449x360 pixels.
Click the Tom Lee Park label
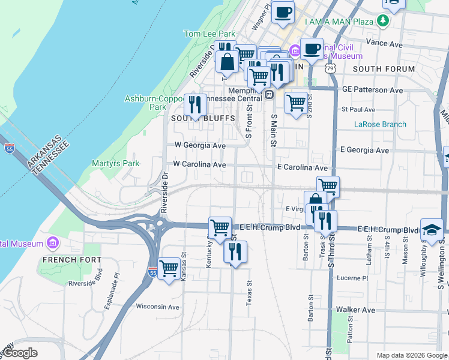pos(209,34)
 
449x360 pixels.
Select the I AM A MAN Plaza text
pos(339,22)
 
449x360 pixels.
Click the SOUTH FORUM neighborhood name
pos(384,69)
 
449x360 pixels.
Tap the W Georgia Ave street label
pos(200,145)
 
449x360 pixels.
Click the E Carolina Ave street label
pos(303,169)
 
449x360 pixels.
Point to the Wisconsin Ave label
pos(158,307)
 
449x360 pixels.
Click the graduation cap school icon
pos(432,230)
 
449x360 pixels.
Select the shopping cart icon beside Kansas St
pos(169,268)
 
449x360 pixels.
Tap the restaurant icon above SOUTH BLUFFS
pos(195,105)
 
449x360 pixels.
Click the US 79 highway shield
pos(331,68)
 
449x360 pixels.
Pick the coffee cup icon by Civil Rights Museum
pos(311,48)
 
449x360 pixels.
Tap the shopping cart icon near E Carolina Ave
pos(328,187)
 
